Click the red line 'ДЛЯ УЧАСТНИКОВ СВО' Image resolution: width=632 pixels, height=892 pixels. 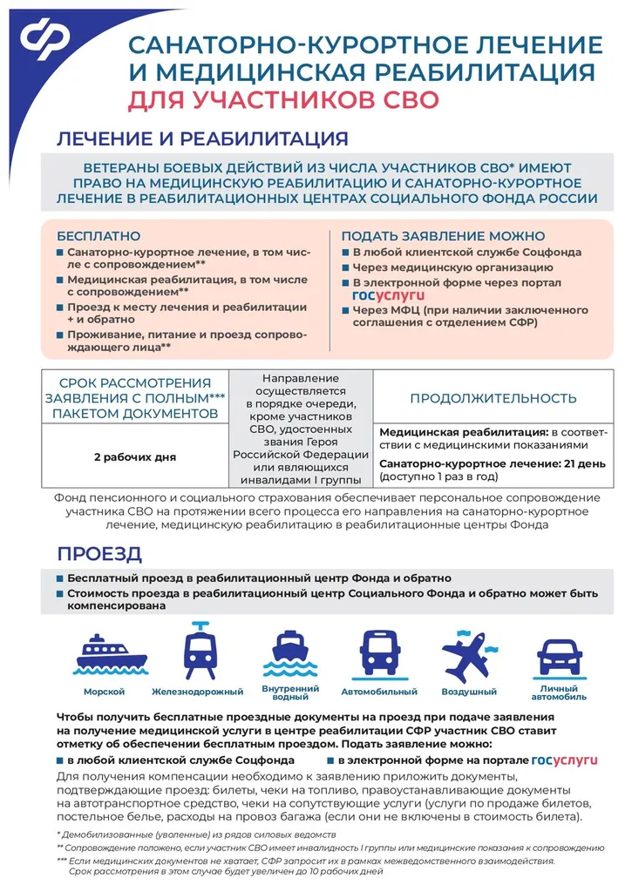coord(282,99)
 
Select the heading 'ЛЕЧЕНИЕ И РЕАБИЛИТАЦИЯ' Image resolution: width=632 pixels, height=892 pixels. coord(202,139)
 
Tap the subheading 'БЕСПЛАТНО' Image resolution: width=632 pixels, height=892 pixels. coord(99,236)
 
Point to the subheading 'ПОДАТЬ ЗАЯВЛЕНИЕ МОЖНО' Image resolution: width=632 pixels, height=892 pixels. coord(443,236)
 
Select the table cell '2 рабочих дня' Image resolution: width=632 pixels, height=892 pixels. coord(135,456)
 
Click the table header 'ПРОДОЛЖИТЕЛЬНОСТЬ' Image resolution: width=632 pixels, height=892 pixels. coord(493,398)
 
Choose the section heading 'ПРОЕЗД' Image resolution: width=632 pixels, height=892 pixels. coord(99,555)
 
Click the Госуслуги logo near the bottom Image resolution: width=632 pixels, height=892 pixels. coord(564,760)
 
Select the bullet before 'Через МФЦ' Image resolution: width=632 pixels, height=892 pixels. coord(345,309)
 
